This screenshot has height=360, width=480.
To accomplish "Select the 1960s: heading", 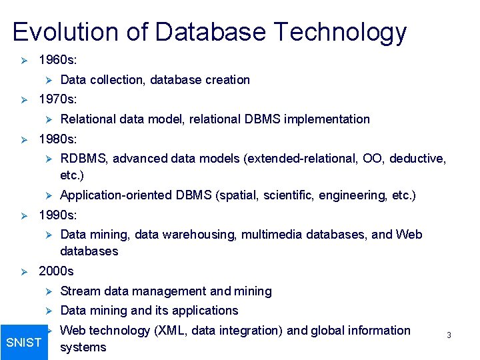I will [57, 60].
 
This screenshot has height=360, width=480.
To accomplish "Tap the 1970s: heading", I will [57, 99].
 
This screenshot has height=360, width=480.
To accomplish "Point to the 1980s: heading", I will [57, 139].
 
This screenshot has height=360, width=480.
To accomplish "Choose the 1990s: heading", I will [57, 215].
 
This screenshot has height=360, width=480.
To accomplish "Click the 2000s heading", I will [56, 271].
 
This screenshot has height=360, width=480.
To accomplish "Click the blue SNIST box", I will [23, 343].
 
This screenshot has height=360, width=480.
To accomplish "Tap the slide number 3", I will [449, 335].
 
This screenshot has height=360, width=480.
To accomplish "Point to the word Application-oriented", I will [116, 195].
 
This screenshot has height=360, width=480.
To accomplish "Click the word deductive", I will [417, 159].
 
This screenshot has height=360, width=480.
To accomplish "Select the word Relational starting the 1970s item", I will [87, 119].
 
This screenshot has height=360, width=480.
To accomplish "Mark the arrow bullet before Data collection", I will [47, 80].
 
